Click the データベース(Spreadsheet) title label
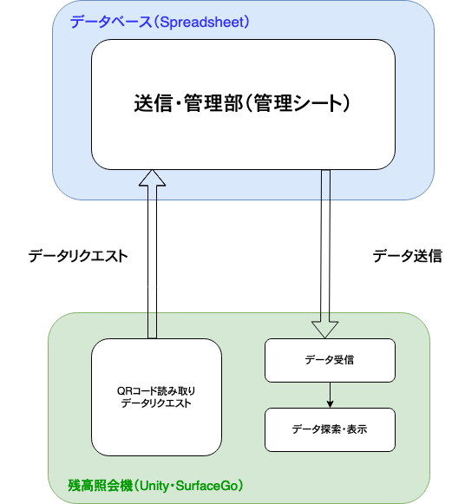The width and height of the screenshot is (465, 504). click(160, 22)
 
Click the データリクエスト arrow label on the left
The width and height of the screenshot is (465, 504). click(78, 256)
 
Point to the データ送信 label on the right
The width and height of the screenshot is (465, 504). click(408, 256)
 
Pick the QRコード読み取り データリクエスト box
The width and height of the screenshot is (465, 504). click(156, 396)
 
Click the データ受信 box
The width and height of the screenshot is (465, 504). click(330, 360)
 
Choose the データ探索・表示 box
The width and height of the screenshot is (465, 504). click(330, 429)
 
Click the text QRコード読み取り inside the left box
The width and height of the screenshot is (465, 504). click(156, 389)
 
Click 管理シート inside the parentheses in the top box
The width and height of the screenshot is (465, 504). click(299, 104)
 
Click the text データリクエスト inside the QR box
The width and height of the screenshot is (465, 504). click(156, 403)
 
